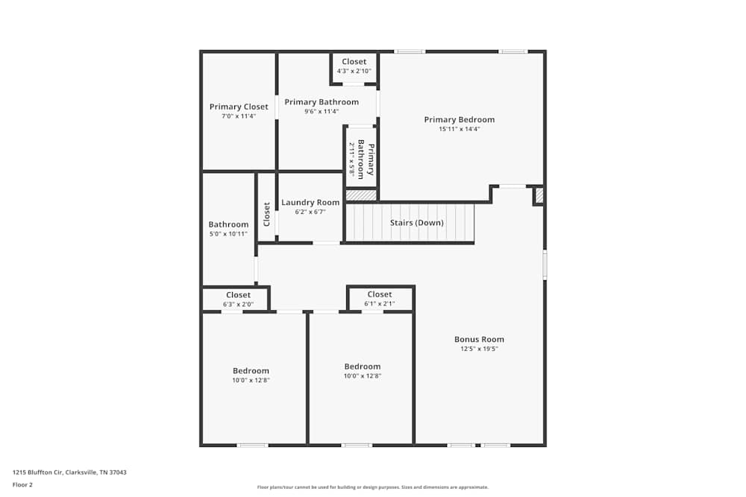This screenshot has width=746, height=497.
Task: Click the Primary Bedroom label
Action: coord(459,119)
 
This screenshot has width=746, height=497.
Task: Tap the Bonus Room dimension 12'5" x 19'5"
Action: coord(479,349)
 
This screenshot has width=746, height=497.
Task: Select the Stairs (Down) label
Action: coord(416,223)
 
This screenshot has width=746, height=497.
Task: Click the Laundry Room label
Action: coord(310,203)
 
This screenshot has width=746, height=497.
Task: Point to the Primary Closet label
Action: coord(238,107)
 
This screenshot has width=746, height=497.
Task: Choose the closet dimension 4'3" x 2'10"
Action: coord(354,71)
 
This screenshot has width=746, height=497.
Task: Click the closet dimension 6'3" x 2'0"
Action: coord(238,304)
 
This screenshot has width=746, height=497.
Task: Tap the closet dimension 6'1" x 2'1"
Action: coord(379,303)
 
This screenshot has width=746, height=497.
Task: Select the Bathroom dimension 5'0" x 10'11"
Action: coord(228,234)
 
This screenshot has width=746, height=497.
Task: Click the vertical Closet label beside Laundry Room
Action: coord(266,215)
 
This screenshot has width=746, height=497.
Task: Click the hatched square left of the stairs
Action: coord(361,195)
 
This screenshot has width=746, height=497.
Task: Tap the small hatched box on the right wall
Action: coord(539,195)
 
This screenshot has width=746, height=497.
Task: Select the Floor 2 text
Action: coord(22,484)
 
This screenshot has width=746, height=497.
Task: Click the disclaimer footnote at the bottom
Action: coord(372,487)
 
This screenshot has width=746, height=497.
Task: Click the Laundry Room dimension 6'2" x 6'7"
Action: coord(310,212)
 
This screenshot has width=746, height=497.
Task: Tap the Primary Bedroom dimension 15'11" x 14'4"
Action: coord(459,129)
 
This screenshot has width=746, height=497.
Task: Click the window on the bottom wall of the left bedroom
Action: coord(252,445)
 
